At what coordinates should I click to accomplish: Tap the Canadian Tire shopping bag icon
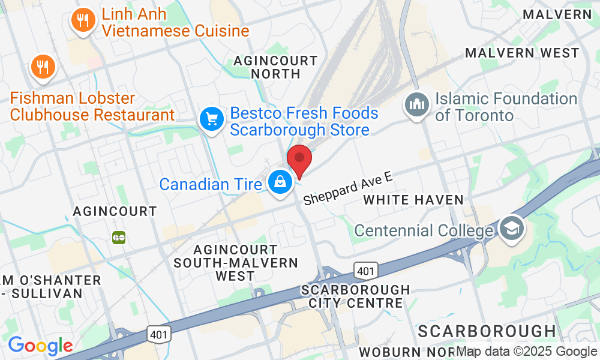tap(280, 181)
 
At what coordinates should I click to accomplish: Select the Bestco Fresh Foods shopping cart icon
tap(211, 119)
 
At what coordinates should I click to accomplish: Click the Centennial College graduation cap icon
tap(512, 229)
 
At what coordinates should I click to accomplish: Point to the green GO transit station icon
tap(119, 237)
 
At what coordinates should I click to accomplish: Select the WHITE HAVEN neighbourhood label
tap(413, 200)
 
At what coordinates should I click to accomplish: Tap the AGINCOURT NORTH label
tap(275, 67)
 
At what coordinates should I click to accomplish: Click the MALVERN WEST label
tap(522, 53)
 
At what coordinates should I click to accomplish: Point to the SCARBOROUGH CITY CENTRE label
tap(356, 296)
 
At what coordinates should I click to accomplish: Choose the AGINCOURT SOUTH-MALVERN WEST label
tap(235, 262)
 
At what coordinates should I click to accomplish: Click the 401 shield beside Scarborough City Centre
tap(365, 271)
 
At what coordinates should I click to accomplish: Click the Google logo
tap(40, 346)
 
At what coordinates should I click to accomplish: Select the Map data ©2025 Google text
tap(526, 352)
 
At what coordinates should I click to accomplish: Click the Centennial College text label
tap(427, 230)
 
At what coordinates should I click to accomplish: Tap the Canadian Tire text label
tap(211, 184)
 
